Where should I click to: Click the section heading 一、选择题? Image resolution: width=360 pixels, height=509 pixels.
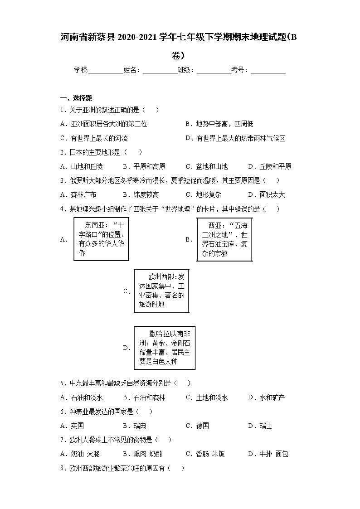click(x=76, y=98)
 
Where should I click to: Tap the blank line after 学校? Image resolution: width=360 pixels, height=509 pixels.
click(x=105, y=70)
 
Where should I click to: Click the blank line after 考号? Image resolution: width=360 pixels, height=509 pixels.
click(x=268, y=70)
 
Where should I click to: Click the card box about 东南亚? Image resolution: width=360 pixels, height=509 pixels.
click(x=101, y=239)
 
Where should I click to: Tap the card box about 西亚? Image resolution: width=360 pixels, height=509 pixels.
click(x=224, y=239)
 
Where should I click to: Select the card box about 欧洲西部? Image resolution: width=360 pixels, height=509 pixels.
click(x=161, y=291)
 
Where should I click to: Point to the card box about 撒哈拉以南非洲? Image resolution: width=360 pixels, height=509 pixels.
click(x=165, y=348)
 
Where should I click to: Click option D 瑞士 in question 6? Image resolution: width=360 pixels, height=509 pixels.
click(x=260, y=426)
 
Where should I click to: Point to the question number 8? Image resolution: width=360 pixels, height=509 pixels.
click(x=62, y=468)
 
